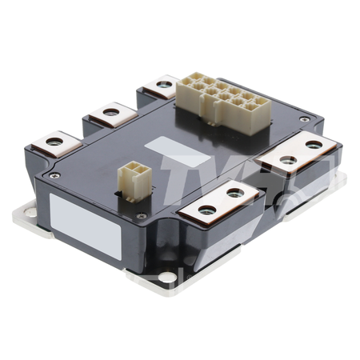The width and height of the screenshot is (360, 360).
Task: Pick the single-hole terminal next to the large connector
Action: (166, 85)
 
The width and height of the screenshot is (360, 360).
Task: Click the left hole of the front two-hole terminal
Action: (207, 210)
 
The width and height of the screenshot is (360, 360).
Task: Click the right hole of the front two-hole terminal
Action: (234, 193)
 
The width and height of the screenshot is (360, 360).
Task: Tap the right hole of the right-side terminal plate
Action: (314, 145)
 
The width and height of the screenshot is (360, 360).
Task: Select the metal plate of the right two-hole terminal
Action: (300, 153)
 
